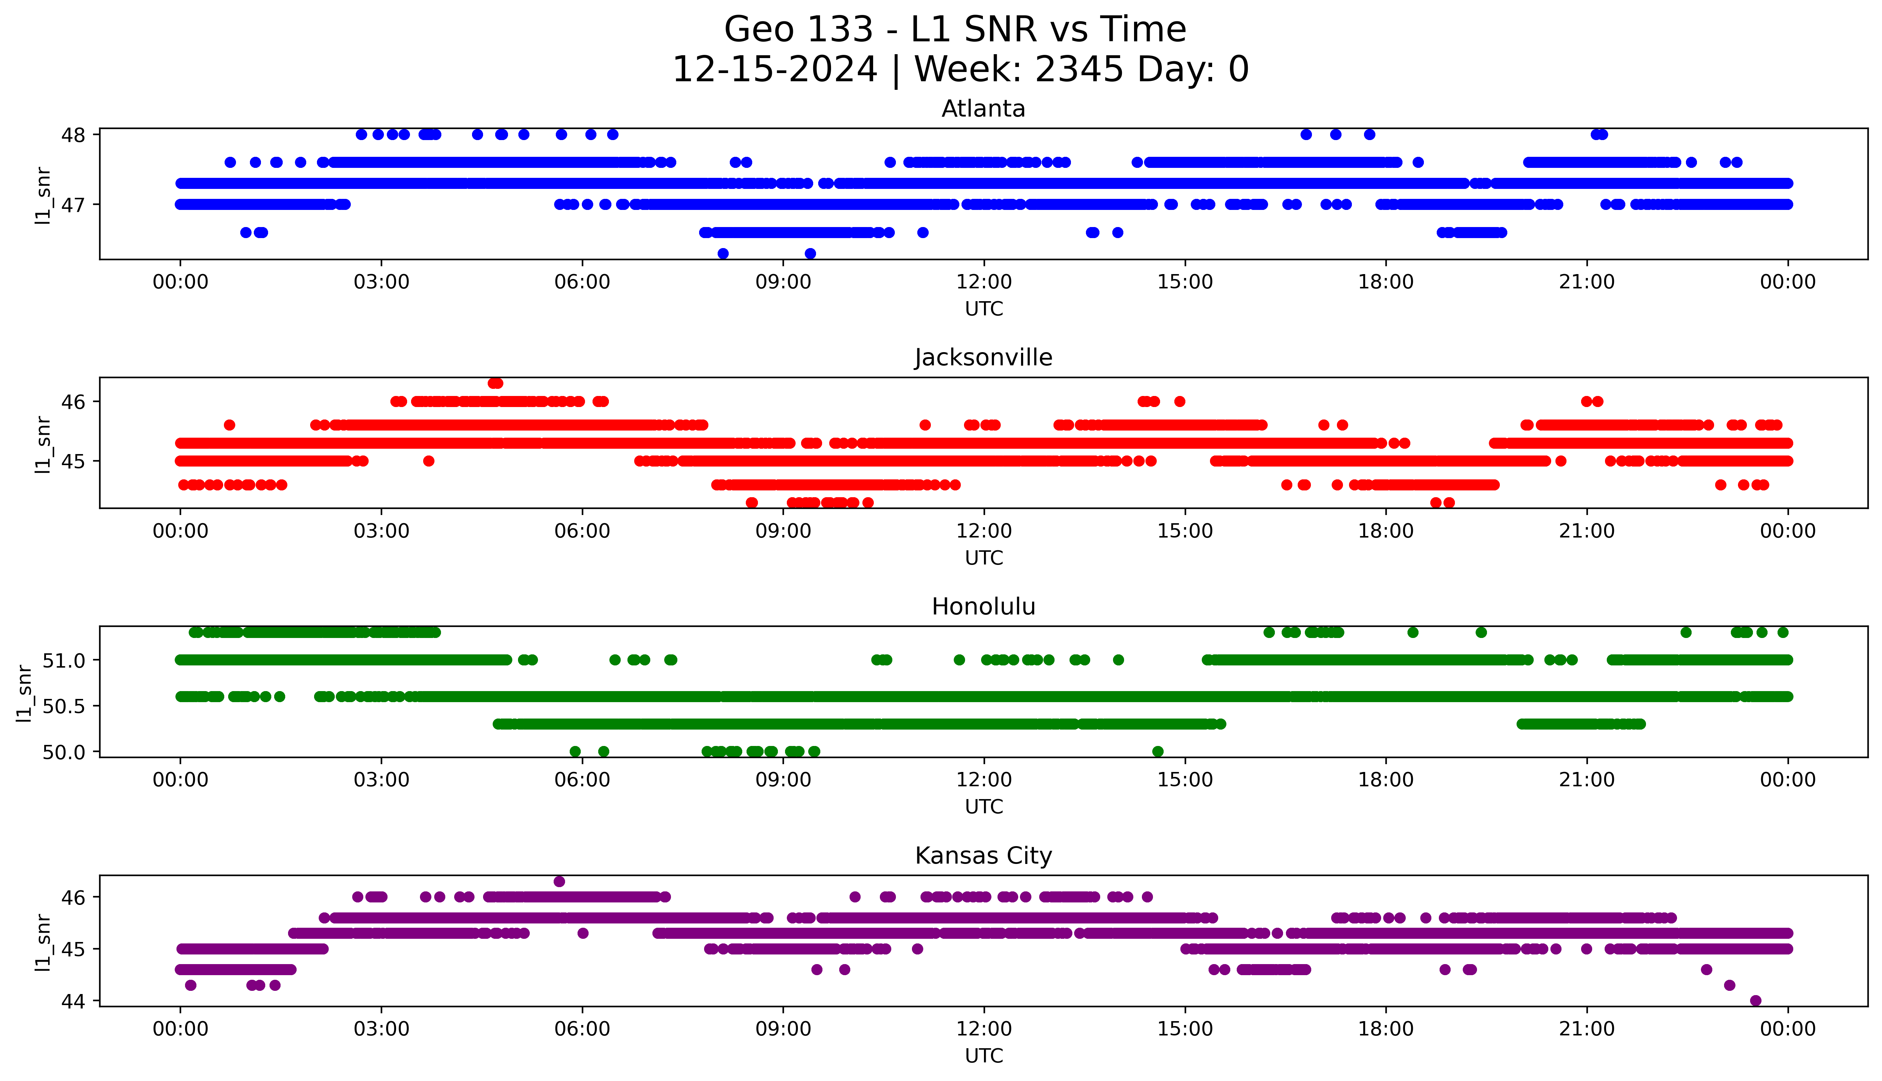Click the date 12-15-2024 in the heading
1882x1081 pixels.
[x=774, y=70]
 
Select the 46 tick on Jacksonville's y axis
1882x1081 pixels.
[x=73, y=402]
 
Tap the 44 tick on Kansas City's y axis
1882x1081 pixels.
[x=73, y=1001]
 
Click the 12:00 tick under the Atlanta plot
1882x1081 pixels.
[x=984, y=282]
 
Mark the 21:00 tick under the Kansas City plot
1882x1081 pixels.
[x=1586, y=1029]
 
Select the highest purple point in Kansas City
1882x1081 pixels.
[x=559, y=881]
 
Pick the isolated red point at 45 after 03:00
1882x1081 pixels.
[x=429, y=461]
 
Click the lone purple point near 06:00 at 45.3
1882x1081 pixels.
[x=583, y=933]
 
